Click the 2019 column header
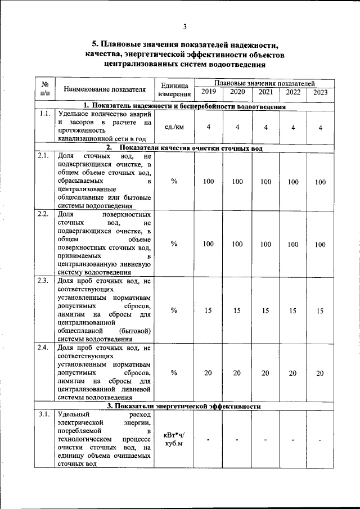pos(208,92)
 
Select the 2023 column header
pos(321,93)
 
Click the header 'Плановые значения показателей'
pos(264,83)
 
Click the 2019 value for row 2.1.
pos(208,182)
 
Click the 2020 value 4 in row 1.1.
pos(237,127)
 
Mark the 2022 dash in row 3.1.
pos(293,439)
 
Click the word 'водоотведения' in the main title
pos(237,64)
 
